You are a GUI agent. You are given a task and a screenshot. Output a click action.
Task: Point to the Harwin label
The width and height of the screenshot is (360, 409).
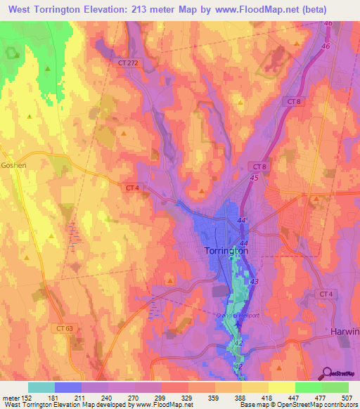point(345,330)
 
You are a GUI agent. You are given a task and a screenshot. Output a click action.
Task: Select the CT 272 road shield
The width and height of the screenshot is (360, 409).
point(127,63)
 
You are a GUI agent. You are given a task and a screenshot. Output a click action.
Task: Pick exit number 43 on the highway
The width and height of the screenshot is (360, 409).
point(254,281)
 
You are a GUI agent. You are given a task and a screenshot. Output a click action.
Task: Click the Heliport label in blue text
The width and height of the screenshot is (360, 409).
point(245,315)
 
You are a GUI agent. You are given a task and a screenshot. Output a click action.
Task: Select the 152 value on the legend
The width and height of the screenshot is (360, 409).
point(27,398)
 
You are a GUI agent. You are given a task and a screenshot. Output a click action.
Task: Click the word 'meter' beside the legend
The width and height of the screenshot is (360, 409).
point(10,398)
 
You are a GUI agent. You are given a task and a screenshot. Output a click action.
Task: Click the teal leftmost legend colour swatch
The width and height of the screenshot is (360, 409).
point(41,387)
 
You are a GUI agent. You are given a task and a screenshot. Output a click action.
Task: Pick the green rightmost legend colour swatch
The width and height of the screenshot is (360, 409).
point(335,387)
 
